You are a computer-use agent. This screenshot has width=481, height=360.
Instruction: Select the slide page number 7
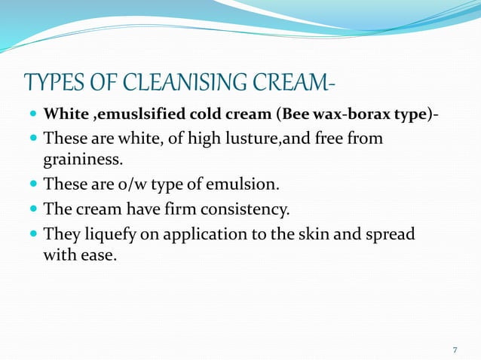[455, 349]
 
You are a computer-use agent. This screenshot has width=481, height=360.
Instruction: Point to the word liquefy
[110, 233]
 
